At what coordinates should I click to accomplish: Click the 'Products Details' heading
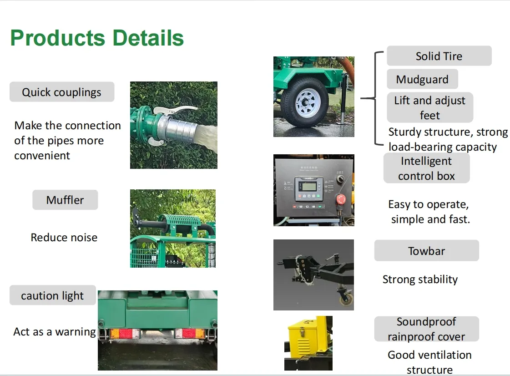point(97,38)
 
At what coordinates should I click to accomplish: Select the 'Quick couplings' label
point(62,92)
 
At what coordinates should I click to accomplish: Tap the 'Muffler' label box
point(65,200)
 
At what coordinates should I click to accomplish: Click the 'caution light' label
point(52,295)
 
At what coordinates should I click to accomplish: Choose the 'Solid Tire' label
point(439,56)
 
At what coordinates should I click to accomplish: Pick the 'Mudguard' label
point(422,79)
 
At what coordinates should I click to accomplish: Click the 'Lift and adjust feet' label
point(429,107)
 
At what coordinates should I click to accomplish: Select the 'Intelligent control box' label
point(426,168)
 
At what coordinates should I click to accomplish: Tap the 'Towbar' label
point(426,251)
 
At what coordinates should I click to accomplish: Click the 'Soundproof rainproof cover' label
point(426,329)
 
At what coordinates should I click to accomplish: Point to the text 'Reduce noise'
point(64,237)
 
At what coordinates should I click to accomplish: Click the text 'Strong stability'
point(420,279)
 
